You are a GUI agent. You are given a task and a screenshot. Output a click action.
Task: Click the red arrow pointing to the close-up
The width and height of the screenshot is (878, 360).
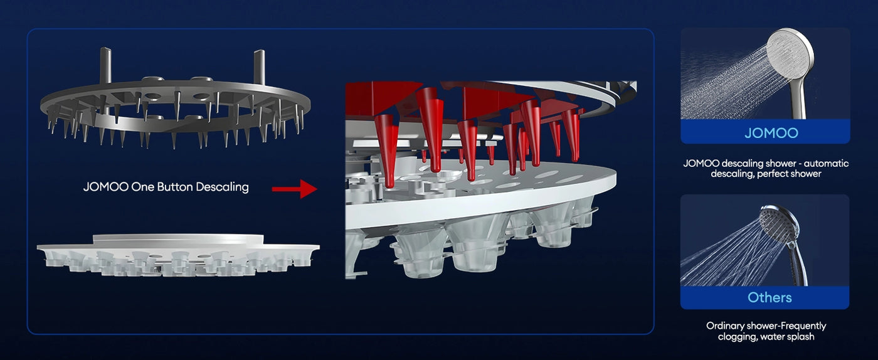click(x=294, y=189)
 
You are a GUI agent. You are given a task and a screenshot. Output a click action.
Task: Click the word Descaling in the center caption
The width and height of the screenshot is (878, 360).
click(x=222, y=187)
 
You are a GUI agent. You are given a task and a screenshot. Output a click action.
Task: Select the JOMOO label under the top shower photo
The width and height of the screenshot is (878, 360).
click(x=771, y=133)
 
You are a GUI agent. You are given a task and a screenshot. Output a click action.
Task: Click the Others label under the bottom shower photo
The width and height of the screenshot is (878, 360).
click(x=770, y=298)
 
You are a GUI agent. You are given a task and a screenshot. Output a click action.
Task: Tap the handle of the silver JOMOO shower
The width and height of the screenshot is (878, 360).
click(x=797, y=98)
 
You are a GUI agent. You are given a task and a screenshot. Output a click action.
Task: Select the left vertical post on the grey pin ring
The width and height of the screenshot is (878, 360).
click(x=106, y=66)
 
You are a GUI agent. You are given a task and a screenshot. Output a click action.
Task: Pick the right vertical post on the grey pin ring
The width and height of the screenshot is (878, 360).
click(x=259, y=67)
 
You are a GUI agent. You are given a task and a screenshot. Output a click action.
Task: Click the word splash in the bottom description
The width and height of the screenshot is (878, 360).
click(x=801, y=336)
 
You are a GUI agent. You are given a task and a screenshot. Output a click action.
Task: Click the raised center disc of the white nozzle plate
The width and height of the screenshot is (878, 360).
click(x=178, y=239)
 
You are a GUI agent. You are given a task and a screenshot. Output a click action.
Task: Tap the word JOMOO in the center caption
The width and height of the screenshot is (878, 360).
click(x=105, y=187)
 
